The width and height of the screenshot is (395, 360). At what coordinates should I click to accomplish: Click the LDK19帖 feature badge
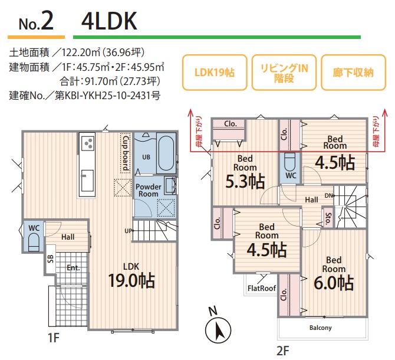click(x=215, y=73)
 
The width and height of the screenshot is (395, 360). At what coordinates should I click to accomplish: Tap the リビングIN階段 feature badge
click(x=284, y=73)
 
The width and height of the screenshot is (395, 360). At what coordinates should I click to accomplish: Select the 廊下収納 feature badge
click(x=353, y=73)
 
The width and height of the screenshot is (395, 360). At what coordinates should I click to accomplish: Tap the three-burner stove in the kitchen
click(x=88, y=144)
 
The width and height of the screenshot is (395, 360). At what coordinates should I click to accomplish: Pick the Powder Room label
click(x=148, y=190)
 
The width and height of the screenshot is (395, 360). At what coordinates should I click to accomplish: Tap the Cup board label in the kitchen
click(x=126, y=152)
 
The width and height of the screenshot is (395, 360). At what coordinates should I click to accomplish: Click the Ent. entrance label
click(x=73, y=267)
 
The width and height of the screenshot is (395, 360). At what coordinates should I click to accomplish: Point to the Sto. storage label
click(x=328, y=218)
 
